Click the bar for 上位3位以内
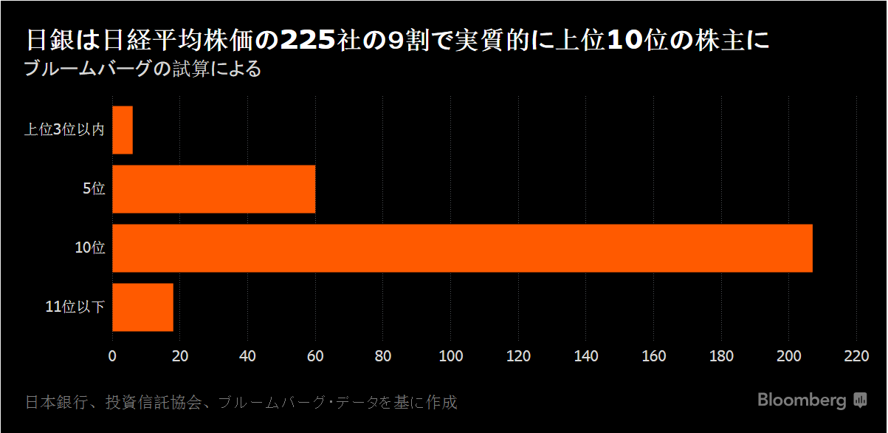coord(123,130)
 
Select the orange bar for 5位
coord(214,189)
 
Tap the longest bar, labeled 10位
coord(462,248)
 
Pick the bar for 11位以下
coord(142,307)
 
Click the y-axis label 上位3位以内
coord(64,130)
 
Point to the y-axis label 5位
coord(94,189)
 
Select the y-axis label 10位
coord(90,248)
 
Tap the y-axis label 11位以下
coord(75,307)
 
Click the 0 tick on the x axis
coord(112,356)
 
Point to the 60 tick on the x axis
coord(315,356)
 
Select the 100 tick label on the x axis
coord(450,356)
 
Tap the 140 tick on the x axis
coord(586,356)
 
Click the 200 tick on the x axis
coord(788,356)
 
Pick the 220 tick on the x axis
coord(856,356)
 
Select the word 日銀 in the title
coord(51,41)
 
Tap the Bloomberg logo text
coord(802,400)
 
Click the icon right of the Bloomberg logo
coord(860,400)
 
